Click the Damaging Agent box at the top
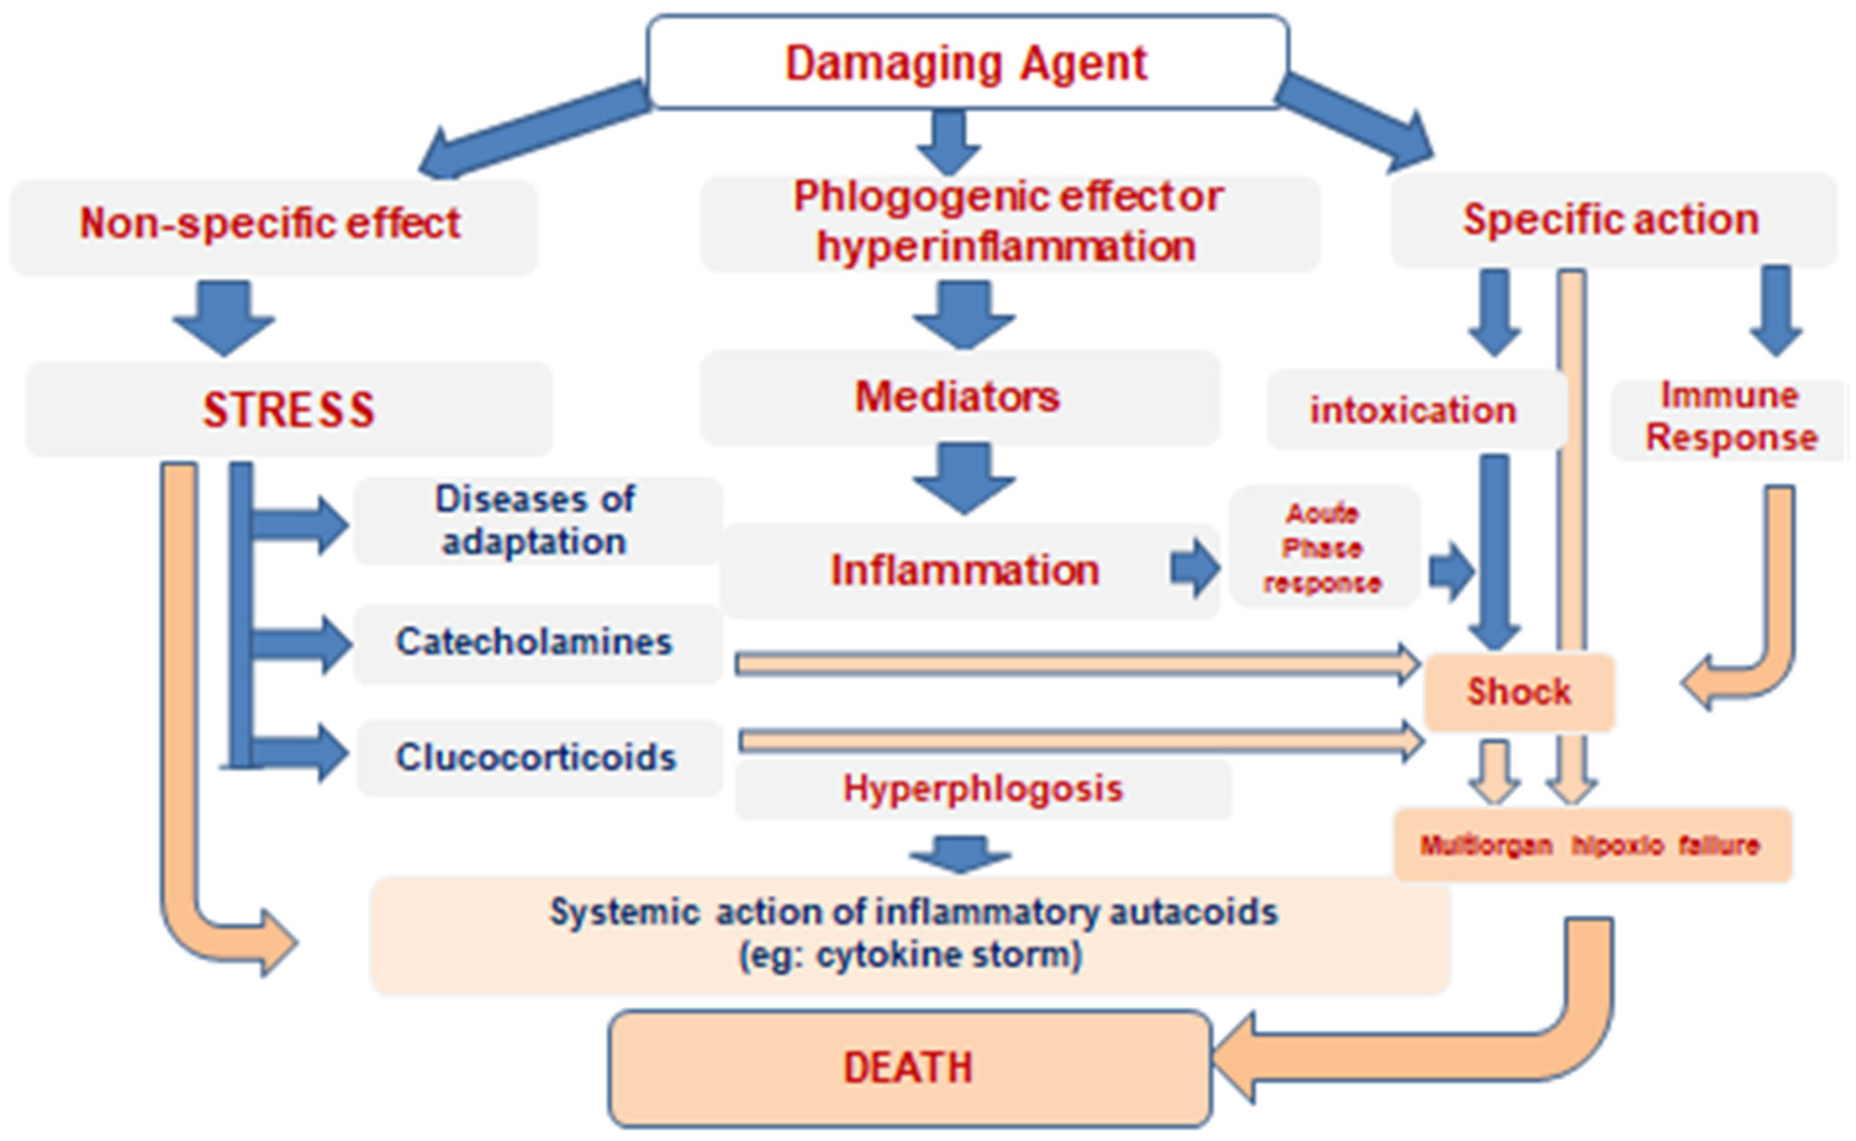[967, 62]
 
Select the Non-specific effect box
[271, 225]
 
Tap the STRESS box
[288, 410]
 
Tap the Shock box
[1519, 691]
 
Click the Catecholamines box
[534, 643]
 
